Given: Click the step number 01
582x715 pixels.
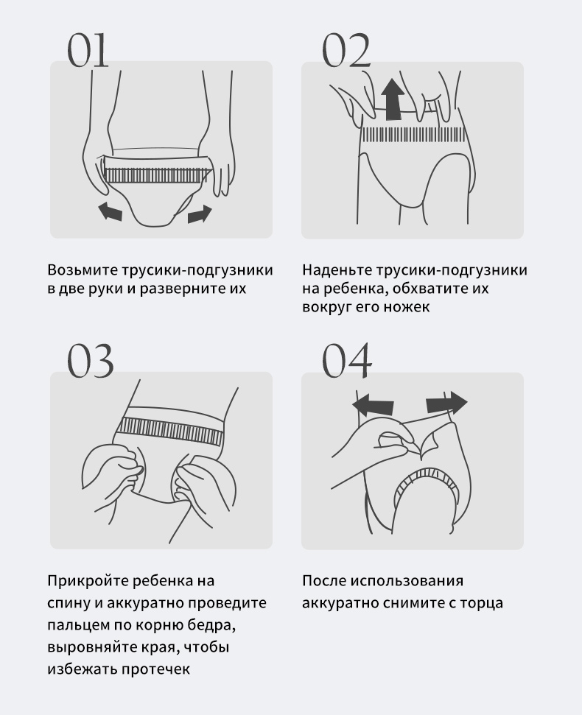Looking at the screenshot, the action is pos(88,50).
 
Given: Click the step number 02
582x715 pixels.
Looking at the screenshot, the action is pos(346,50).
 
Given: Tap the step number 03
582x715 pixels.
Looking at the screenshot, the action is pos(91,361).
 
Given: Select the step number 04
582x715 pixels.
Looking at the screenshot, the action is pos(347,361).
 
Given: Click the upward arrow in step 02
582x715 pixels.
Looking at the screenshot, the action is pos(393,99).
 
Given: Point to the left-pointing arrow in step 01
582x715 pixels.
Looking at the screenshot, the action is pos(111,212).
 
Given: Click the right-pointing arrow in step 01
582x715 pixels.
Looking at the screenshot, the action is pos(200,214).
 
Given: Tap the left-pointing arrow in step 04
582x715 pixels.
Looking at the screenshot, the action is pos(373,405).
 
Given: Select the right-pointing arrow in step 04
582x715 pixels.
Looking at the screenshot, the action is pos(446,403).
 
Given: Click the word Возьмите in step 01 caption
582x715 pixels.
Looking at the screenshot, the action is pos(83,270).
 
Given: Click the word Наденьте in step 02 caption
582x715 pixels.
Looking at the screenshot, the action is pos(337,270).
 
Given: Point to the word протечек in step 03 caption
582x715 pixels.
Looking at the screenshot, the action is pos(155,669).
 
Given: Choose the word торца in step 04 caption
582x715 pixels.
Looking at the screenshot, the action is pos(481,603).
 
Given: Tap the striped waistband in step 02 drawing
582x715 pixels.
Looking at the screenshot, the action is pos(414,135).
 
